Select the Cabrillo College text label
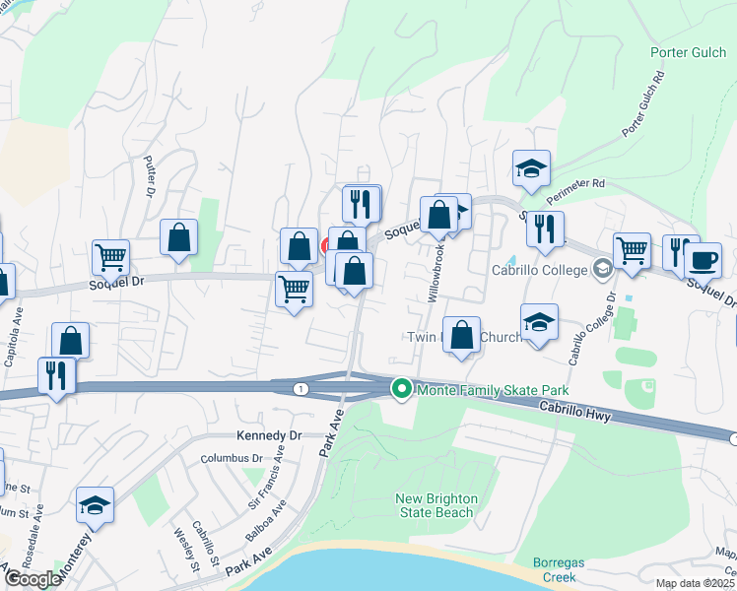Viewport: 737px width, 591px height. (540, 269)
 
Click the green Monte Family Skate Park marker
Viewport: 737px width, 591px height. (402, 390)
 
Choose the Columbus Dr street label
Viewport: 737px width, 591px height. (233, 458)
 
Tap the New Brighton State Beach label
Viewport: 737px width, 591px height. (435, 505)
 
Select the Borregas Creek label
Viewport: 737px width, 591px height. (559, 570)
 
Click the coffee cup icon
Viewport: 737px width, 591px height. (703, 261)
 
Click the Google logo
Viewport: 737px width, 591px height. (33, 578)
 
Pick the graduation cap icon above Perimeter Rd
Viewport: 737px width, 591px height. (531, 168)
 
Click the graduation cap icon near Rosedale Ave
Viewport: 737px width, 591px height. (95, 505)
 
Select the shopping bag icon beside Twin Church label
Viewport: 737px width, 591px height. (461, 335)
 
